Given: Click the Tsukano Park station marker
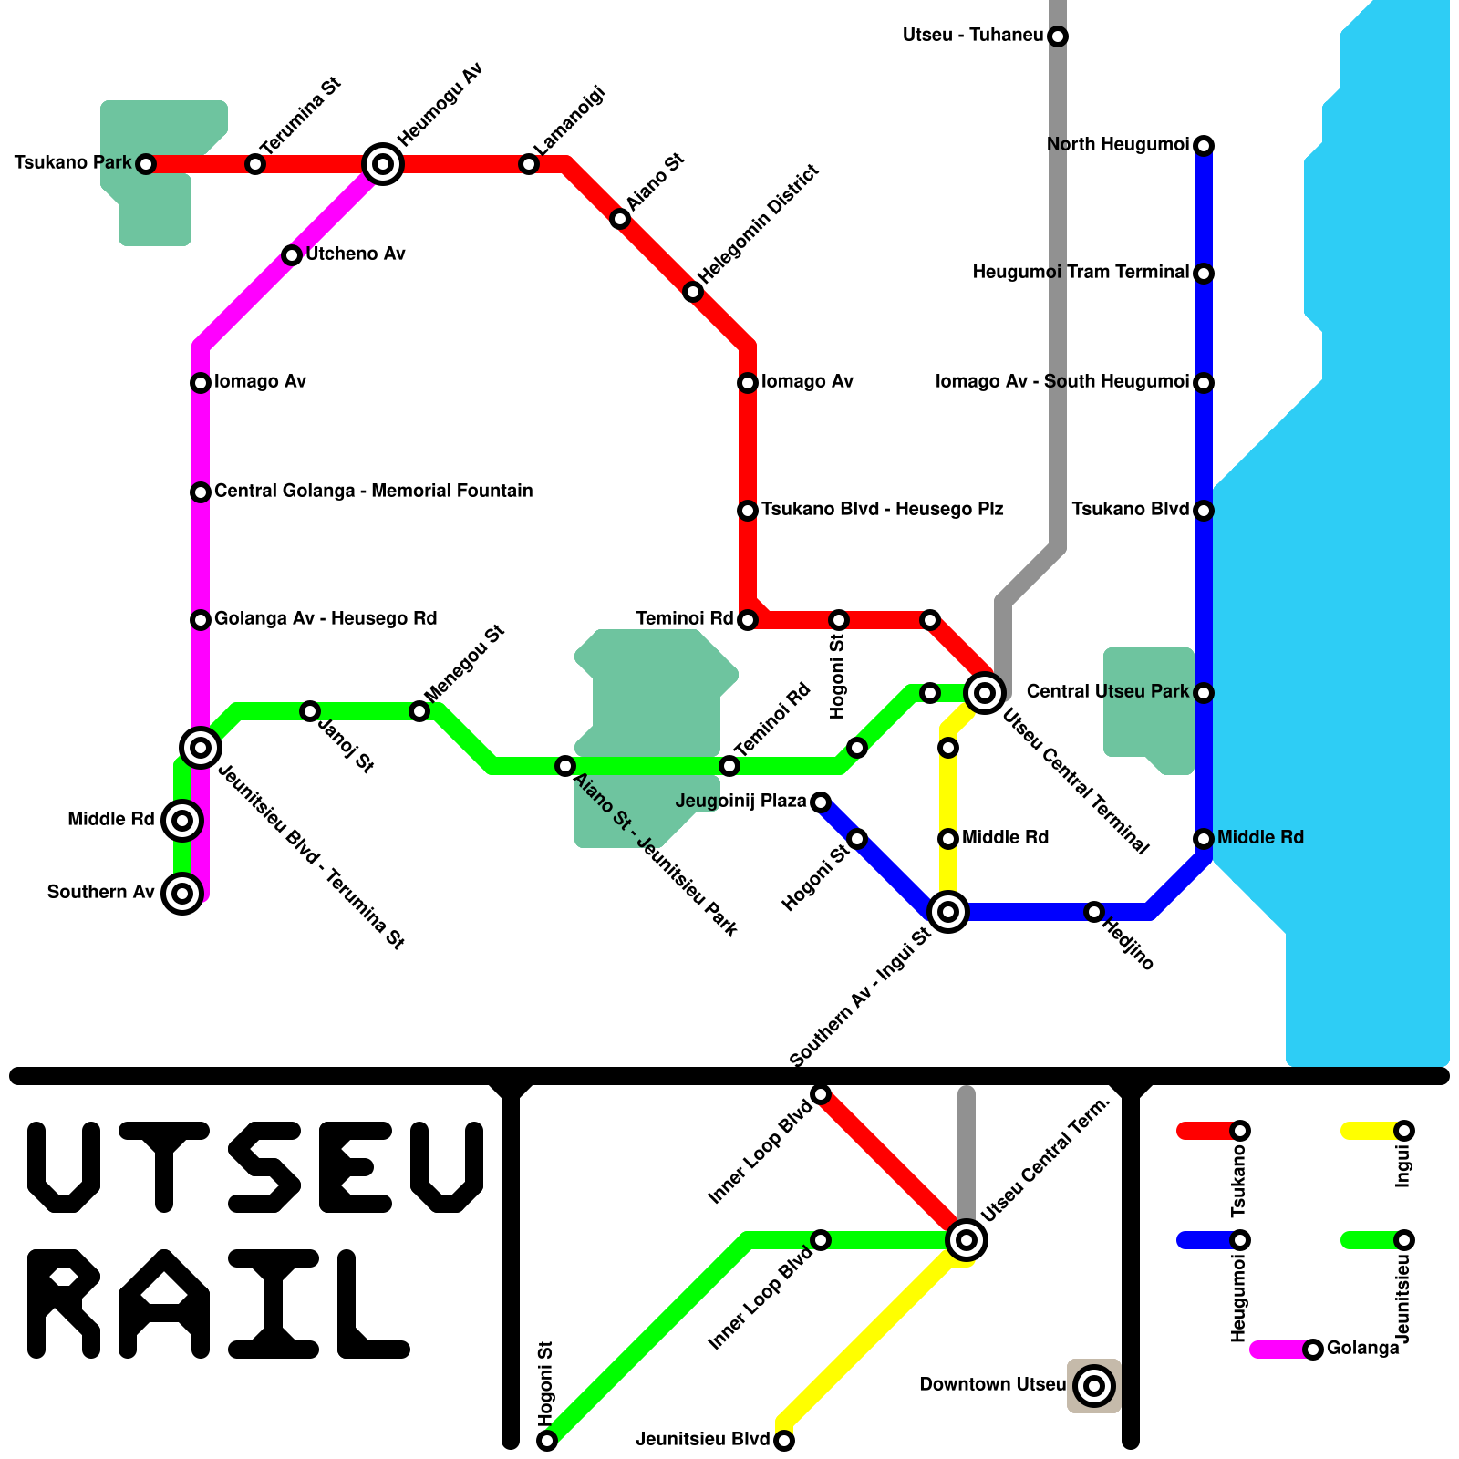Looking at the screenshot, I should click(x=146, y=164).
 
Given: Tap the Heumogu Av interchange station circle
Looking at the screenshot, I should click(x=383, y=164).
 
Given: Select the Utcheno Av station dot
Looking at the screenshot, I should click(x=292, y=255).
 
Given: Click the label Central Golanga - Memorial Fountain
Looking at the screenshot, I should click(x=373, y=492).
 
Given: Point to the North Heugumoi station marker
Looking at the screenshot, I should click(x=1204, y=146).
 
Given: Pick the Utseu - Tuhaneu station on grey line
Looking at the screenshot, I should click(x=1058, y=36).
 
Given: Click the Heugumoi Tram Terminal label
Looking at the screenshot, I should click(x=1081, y=273).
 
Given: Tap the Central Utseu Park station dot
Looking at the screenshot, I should click(x=1204, y=693).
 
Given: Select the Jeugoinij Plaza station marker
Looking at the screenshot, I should click(x=821, y=802).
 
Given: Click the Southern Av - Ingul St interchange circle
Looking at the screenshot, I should click(x=948, y=911).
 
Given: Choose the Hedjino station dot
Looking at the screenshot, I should click(x=1094, y=912).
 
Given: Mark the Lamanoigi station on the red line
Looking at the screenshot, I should click(x=529, y=164).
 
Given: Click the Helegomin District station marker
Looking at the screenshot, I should click(x=693, y=292).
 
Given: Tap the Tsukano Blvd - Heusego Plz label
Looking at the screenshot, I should click(x=882, y=510).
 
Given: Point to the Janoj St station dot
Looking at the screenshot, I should click(x=310, y=711).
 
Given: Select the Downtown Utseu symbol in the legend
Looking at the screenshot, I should click(x=1094, y=1386).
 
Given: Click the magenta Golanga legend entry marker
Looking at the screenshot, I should click(x=1313, y=1350).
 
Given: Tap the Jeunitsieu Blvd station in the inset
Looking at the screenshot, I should click(x=784, y=1441).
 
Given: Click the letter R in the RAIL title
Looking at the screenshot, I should click(x=64, y=1304).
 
